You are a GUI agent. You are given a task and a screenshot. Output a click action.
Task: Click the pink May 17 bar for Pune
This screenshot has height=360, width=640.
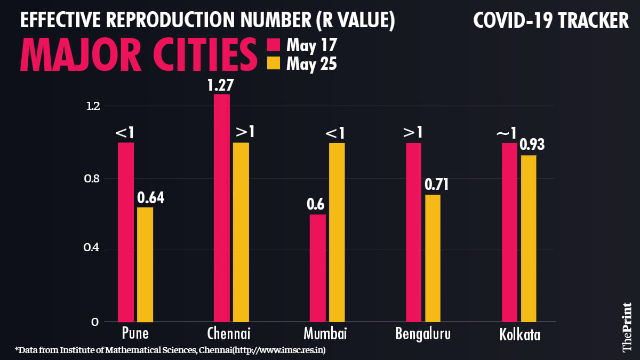126,232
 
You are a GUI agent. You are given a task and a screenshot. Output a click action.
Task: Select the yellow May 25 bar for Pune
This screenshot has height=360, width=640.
145,265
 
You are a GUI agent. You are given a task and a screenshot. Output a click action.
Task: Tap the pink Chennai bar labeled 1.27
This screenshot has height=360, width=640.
222,208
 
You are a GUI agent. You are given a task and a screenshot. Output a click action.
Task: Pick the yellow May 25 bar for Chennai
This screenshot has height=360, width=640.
241,232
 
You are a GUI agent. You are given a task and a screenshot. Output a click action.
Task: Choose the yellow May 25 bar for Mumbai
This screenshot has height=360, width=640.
337,232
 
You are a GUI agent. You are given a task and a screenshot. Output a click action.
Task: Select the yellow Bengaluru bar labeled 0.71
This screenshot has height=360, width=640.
433,258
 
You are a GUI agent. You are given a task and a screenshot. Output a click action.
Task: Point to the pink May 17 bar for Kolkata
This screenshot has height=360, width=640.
509,232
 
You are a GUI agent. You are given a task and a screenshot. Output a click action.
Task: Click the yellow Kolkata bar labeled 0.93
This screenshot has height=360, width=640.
529,238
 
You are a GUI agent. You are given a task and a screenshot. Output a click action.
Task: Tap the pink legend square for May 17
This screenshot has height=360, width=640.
273,44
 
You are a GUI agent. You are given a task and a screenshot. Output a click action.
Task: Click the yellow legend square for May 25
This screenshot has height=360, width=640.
273,63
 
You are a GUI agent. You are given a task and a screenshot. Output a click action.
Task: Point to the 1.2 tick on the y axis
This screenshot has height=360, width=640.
93,106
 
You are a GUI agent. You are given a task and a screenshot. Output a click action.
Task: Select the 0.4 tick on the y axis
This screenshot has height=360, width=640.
93,250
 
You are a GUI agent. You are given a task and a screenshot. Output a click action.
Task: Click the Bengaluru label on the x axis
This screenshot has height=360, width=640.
423,334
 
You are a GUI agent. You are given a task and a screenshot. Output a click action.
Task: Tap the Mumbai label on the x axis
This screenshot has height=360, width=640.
325,334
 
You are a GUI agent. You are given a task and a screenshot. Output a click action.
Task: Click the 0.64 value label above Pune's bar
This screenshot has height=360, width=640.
150,198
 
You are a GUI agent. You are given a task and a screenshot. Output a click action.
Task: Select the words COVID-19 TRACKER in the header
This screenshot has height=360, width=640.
551,21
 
